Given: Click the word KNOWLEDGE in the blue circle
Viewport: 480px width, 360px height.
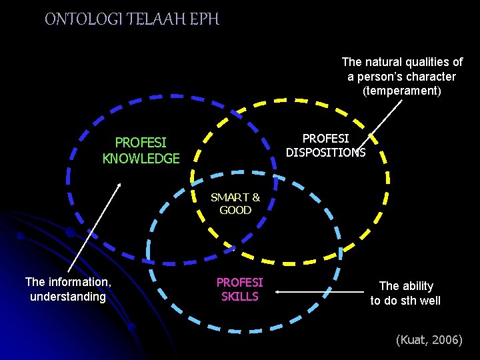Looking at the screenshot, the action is (141, 159).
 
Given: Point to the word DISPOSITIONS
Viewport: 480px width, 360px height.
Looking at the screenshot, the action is (326, 152).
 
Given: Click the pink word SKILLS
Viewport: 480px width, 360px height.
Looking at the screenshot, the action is (239, 297).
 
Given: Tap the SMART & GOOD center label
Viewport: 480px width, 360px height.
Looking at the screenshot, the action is (235, 203).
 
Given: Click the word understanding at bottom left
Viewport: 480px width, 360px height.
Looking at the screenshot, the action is (68, 297).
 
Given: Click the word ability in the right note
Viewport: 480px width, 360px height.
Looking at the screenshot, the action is (416, 286).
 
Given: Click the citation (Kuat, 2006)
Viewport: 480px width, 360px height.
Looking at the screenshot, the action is (429, 340).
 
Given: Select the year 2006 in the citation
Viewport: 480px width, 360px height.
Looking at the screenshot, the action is (445, 340).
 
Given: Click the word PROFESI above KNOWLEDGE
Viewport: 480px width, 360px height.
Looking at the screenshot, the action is (141, 143).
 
